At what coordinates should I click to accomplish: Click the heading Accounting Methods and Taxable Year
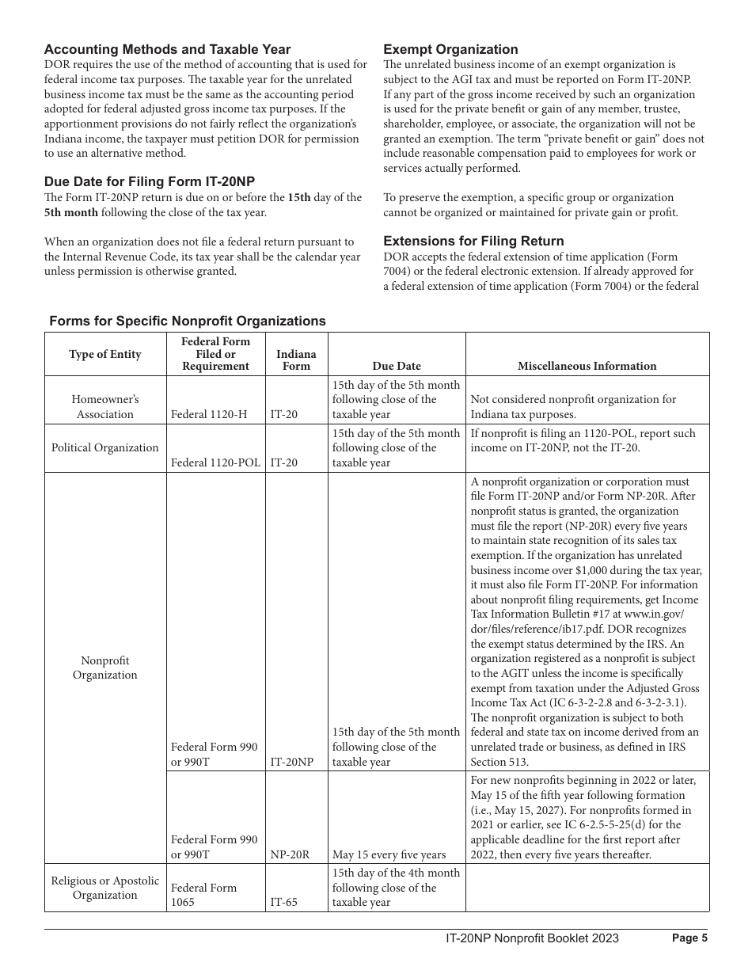pyautogui.click(x=167, y=49)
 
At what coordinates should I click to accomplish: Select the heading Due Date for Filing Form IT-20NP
pyautogui.click(x=150, y=181)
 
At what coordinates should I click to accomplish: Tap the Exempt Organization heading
pyautogui.click(x=450, y=49)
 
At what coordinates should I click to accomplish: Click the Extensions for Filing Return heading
pyautogui.click(x=473, y=241)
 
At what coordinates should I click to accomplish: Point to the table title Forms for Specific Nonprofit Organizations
pyautogui.click(x=188, y=321)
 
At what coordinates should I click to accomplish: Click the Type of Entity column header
pyautogui.click(x=105, y=354)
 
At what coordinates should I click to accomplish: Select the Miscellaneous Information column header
pyautogui.click(x=587, y=366)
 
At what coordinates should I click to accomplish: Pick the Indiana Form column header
pyautogui.click(x=296, y=360)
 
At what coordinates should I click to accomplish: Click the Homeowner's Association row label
pyautogui.click(x=105, y=407)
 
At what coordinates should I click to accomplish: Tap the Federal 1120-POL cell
pyautogui.click(x=215, y=462)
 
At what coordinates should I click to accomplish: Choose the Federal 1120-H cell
pyautogui.click(x=209, y=414)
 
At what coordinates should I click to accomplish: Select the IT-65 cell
pyautogui.click(x=284, y=902)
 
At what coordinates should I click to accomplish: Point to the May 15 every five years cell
pyautogui.click(x=389, y=854)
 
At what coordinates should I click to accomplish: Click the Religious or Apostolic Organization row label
pyautogui.click(x=105, y=888)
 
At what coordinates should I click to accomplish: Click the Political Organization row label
pyautogui.click(x=105, y=447)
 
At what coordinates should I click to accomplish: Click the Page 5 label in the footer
pyautogui.click(x=689, y=938)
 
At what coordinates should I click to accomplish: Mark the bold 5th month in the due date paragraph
pyautogui.click(x=71, y=212)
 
